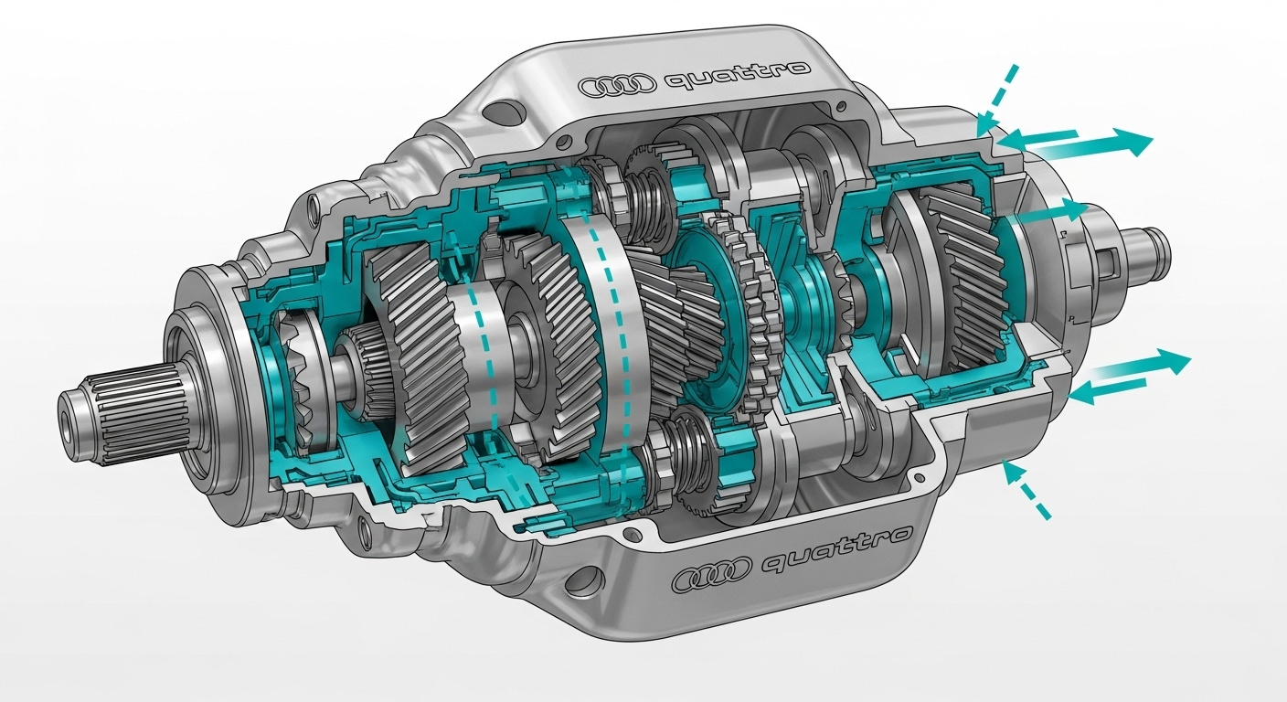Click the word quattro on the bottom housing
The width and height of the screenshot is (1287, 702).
(x=836, y=548)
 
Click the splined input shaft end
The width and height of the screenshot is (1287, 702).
(x=123, y=410)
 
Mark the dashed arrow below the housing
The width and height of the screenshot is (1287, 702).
(x=1026, y=489)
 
